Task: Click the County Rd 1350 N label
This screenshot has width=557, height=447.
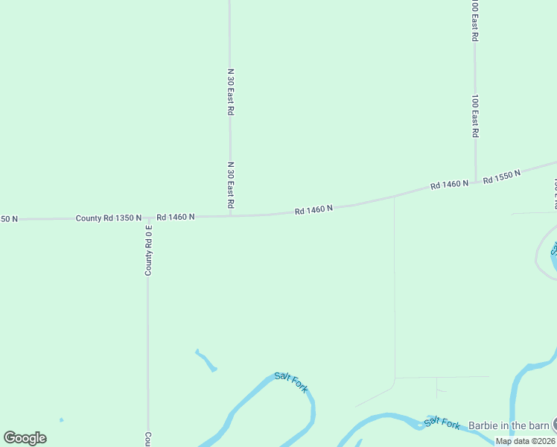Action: (108, 218)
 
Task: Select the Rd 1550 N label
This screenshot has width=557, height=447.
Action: (501, 177)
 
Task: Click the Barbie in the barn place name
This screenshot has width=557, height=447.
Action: (509, 425)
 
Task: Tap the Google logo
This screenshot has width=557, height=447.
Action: (25, 438)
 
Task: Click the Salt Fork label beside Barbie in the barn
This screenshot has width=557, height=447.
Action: (442, 422)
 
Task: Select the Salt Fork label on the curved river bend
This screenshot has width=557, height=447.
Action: (291, 382)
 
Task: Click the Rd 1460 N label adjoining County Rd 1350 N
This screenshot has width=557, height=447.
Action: (175, 217)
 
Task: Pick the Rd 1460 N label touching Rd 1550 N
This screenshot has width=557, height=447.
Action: (449, 184)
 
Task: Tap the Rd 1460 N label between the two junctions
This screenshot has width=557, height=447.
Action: (313, 211)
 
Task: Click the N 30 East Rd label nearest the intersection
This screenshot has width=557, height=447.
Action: (231, 185)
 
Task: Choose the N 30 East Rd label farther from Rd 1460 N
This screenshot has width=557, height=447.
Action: (231, 91)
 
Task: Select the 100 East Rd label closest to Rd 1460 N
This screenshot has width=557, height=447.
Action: (475, 115)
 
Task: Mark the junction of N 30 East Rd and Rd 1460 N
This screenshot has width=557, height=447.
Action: (231, 215)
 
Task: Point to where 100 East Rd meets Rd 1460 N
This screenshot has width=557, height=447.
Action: (475, 182)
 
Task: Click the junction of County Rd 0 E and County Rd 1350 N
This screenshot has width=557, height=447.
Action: (147, 218)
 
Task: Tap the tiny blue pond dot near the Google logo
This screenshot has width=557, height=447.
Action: (61, 420)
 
